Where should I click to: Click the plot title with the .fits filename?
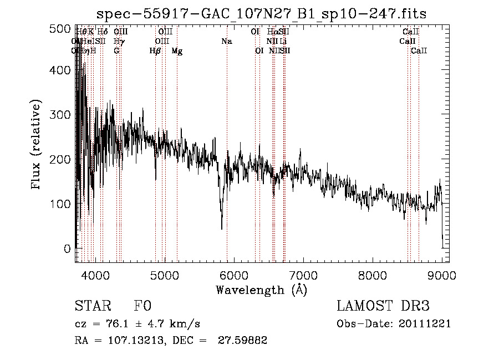[x=261, y=14]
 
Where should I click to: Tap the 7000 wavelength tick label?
[x=303, y=275]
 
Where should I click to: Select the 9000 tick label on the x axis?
[x=442, y=275]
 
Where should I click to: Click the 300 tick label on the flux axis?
[x=62, y=115]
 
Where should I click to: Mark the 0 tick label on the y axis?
[x=67, y=249]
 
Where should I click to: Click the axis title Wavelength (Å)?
[x=261, y=290]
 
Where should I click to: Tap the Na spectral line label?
[x=226, y=42]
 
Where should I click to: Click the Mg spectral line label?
[x=177, y=51]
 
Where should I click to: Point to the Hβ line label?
[x=155, y=51]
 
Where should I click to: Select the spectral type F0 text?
[x=142, y=306]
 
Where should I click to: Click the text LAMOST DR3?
[x=383, y=306]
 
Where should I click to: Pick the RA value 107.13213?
[x=126, y=341]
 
